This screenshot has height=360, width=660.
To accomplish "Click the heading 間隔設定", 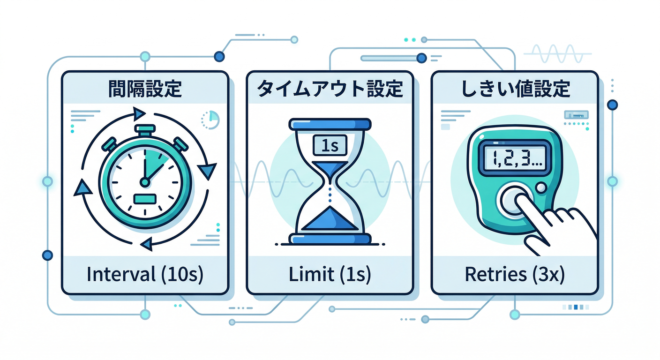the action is coord(145,89).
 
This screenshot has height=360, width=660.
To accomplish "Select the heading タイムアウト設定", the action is coord(330,89).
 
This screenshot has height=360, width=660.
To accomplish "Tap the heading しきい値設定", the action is coord(515,89).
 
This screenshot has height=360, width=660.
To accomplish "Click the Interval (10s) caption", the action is coord(145,275).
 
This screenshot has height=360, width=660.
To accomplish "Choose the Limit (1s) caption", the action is coord(330,275).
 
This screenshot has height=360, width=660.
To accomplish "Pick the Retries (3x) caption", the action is coord(515,275).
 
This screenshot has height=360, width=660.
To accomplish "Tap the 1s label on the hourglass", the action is coord(330,145).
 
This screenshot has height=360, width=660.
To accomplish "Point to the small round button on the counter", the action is coord(541,187).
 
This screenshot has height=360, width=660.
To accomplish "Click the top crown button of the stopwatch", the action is coord(145,130).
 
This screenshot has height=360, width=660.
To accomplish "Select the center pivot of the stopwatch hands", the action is coord(145,182).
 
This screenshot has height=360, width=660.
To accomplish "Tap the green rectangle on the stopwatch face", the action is coord(145,199).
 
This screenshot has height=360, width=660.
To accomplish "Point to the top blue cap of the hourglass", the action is coord(330,124).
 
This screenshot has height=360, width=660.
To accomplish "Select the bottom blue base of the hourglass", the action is coord(330,239).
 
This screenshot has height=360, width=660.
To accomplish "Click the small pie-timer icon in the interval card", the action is coord(210,120).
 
